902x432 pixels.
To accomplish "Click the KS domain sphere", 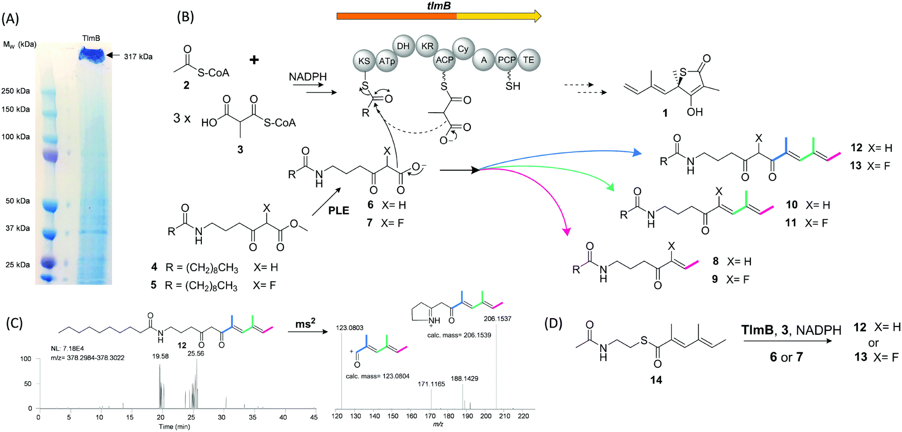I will [364, 61].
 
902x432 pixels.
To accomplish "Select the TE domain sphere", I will [528, 60].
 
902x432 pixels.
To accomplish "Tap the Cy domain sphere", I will [463, 49].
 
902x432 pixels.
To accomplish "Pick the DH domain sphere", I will [403, 46].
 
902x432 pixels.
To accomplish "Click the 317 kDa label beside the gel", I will [138, 56].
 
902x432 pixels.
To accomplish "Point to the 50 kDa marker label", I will [18, 201].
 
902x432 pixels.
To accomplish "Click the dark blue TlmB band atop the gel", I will [91, 54].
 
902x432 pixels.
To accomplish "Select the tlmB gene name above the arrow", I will [438, 6].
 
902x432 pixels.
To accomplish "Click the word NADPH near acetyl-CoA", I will [308, 77].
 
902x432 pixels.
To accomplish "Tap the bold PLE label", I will [339, 210].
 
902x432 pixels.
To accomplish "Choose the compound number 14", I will [656, 380].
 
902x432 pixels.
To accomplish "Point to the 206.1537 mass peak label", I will [497, 319].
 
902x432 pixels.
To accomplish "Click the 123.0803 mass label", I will [350, 328].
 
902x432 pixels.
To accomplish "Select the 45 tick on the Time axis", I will [314, 417].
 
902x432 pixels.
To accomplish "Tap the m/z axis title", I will [438, 425].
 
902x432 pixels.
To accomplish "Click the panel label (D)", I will [553, 323].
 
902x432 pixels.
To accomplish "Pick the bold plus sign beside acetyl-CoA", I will [254, 59].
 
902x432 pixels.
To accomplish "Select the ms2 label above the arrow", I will [305, 323].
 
